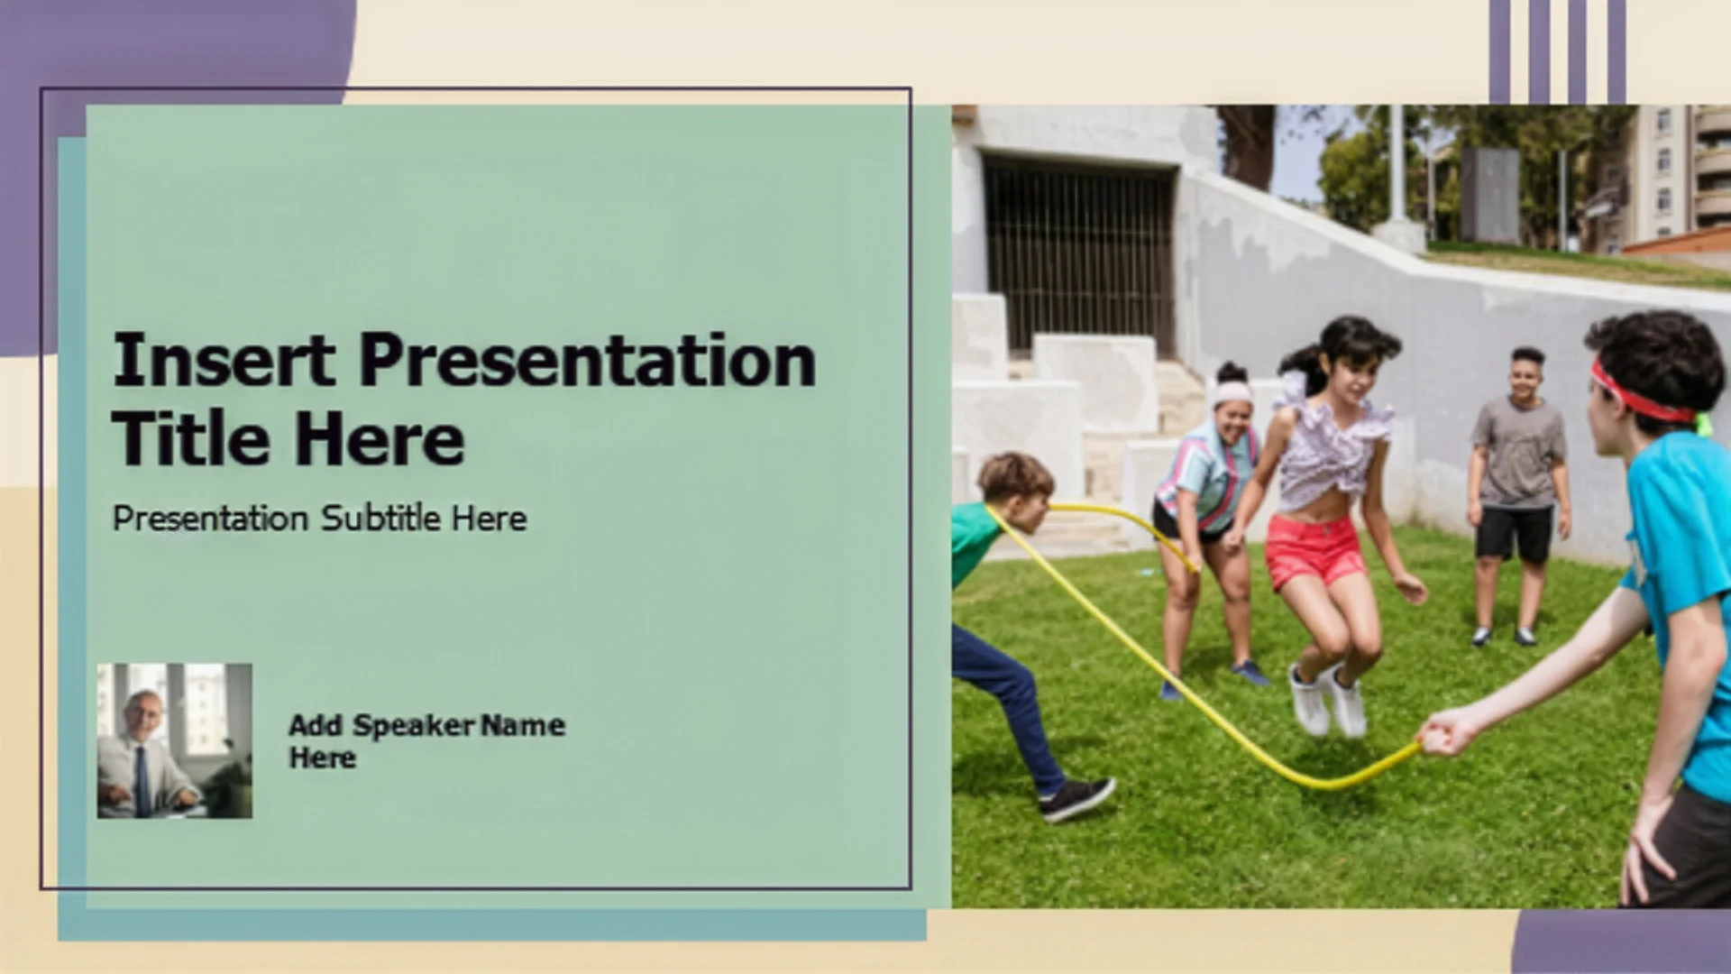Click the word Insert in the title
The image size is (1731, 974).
pyautogui.click(x=224, y=360)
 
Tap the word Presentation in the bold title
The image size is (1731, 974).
pyautogui.click(x=588, y=360)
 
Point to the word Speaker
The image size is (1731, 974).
pyautogui.click(x=413, y=725)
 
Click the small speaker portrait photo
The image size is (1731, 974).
pyautogui.click(x=175, y=741)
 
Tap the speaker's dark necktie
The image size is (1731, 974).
pyautogui.click(x=142, y=781)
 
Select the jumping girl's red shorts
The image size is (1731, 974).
pyautogui.click(x=1314, y=550)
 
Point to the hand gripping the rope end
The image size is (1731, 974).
pyautogui.click(x=1446, y=732)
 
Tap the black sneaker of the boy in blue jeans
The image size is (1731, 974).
pyautogui.click(x=1076, y=799)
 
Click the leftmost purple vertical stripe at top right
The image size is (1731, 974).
pyautogui.click(x=1499, y=51)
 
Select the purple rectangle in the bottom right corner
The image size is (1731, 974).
pyautogui.click(x=1622, y=942)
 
